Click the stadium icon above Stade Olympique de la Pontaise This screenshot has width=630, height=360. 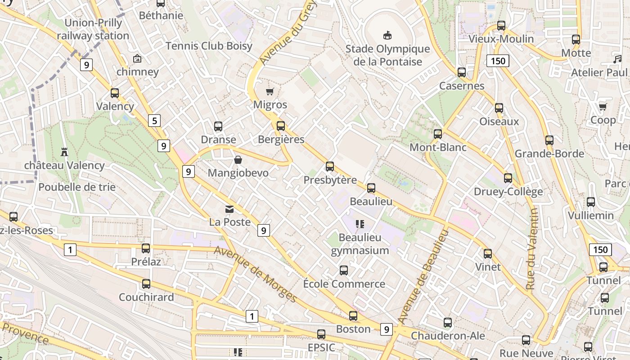coord(387,35)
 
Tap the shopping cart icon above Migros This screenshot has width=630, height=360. coord(270,92)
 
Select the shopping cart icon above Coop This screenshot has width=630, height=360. coord(603,107)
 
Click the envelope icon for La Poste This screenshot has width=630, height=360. coord(230,209)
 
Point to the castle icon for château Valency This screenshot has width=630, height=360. coord(64,152)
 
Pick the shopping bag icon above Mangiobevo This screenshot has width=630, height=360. coord(238,160)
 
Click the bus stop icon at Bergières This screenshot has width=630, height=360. coord(281,126)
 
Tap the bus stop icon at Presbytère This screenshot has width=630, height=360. coord(330,167)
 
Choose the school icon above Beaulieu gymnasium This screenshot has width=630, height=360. coord(360,224)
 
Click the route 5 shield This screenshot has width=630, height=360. coord(154,121)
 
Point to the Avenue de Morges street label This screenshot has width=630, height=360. coord(255,274)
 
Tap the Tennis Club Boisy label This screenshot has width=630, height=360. coord(209,46)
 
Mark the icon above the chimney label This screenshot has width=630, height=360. coord(137,58)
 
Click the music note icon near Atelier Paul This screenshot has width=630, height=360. coord(617,59)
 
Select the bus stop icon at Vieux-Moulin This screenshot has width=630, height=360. coord(501,26)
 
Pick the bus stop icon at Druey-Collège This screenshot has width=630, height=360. coord(508,178)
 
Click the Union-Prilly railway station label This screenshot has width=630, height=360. coord(93,29)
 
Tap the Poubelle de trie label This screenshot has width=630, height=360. coord(77,187)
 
